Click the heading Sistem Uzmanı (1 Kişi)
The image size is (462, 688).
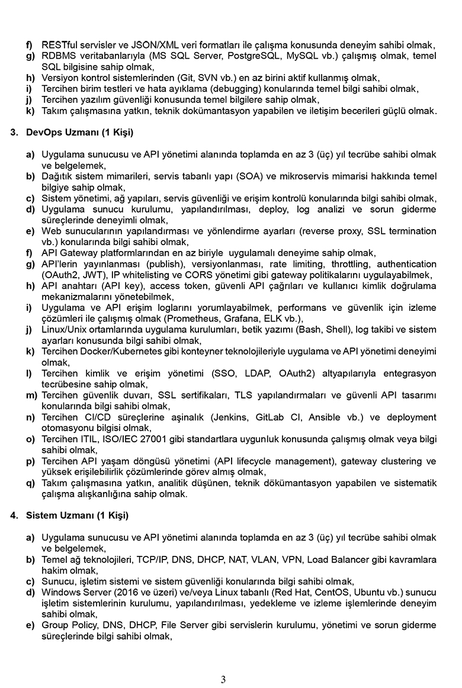pos(77,515)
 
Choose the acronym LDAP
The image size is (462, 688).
pos(267,374)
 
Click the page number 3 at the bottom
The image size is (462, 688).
pos(223,680)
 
